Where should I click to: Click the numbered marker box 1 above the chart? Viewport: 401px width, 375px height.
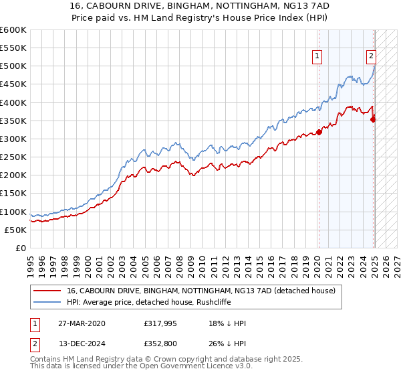(x=317, y=57)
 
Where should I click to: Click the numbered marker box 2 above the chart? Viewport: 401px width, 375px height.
(x=371, y=57)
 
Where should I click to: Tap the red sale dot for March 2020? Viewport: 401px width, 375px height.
(x=319, y=132)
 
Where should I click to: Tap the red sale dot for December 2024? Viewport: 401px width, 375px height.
(x=374, y=119)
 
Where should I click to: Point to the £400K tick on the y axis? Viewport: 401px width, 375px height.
(x=13, y=102)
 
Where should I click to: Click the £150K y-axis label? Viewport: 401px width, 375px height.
(x=13, y=193)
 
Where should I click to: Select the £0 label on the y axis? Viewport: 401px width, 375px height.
(x=20, y=248)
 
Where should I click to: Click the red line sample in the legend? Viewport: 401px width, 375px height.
(x=47, y=290)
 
